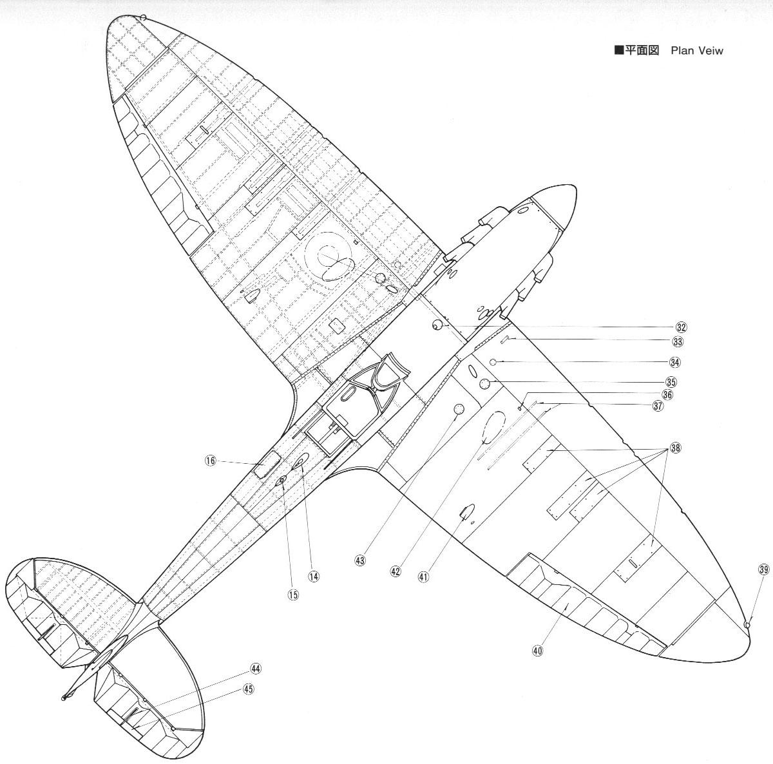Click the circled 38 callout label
point(674,448)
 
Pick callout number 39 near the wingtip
point(763,569)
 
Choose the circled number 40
point(539,650)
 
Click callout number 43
point(360,560)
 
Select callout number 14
point(314,577)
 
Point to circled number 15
point(293,595)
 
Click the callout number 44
point(256,669)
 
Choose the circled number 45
point(249,689)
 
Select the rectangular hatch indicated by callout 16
point(267,464)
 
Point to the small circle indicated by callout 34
point(493,362)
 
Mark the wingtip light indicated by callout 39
point(747,625)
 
